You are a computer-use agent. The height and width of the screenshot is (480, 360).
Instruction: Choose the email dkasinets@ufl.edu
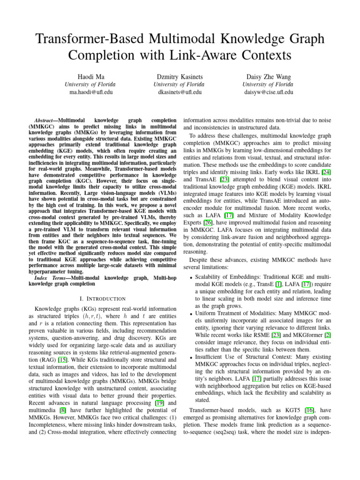[180, 92]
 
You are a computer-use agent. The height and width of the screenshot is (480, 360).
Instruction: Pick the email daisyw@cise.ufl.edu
[268, 92]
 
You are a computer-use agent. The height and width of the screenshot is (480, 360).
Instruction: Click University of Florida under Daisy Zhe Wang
[268, 84]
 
